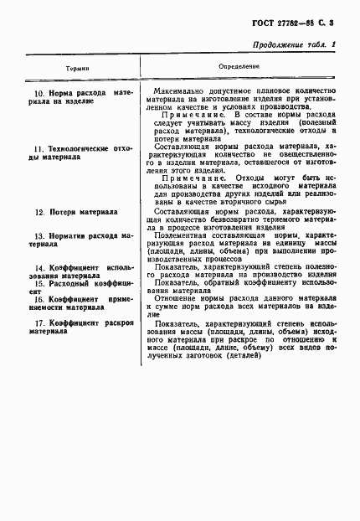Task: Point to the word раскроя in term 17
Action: tap(121, 322)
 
